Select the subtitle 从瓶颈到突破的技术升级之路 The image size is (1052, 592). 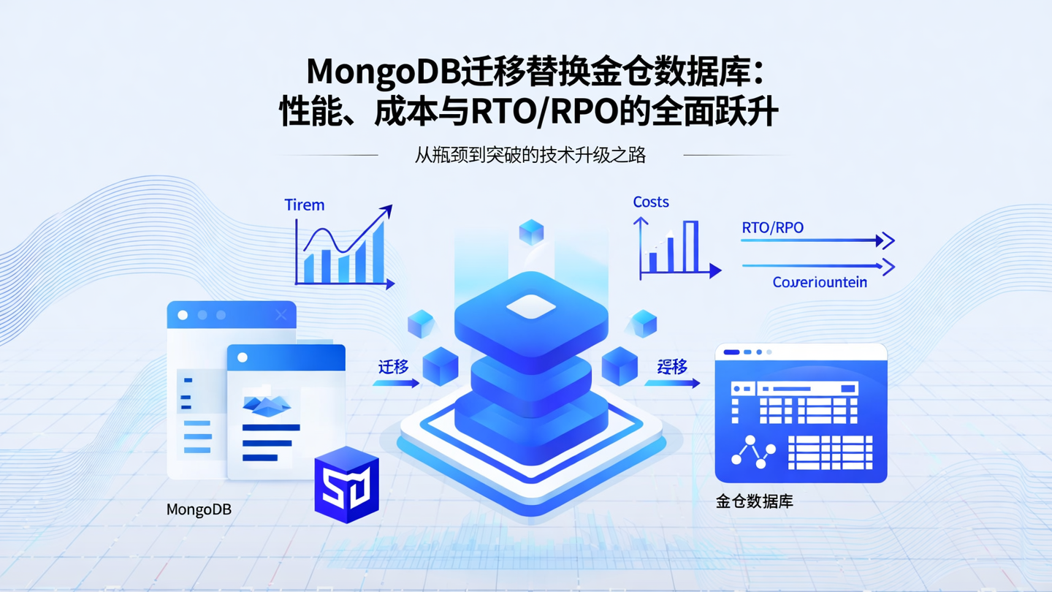530,155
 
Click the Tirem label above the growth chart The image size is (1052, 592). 304,205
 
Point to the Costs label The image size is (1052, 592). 650,202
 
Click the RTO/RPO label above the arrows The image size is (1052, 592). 772,227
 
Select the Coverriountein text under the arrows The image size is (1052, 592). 820,282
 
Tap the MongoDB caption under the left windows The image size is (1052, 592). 199,509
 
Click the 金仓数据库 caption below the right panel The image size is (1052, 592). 754,502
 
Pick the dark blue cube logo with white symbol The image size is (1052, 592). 347,484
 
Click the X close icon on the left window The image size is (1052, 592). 281,315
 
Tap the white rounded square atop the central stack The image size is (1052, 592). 531,307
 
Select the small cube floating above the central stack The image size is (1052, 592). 531,232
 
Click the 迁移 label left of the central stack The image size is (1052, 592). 393,367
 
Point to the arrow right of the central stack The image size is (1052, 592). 672,382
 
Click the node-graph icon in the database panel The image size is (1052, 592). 754,452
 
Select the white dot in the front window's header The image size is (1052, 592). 243,357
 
